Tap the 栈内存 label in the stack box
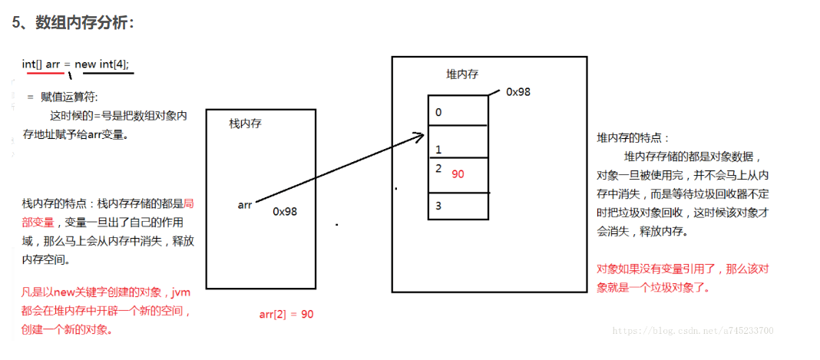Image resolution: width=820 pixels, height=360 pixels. [246, 124]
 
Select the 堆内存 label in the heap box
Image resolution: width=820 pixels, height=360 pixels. [462, 74]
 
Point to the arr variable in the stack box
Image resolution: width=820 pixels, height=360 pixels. [245, 205]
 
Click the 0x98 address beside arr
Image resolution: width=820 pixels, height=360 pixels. [285, 211]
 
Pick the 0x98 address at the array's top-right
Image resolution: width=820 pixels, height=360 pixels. [518, 91]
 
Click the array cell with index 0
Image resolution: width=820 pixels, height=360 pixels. [458, 111]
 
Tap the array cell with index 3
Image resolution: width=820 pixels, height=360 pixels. [458, 206]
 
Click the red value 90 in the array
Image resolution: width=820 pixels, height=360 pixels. [458, 174]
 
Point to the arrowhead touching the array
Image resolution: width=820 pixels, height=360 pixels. [419, 136]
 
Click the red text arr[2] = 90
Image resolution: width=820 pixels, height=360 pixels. [286, 314]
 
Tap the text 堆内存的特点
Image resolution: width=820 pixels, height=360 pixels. [633, 138]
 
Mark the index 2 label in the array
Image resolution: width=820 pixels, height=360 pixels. [438, 168]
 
